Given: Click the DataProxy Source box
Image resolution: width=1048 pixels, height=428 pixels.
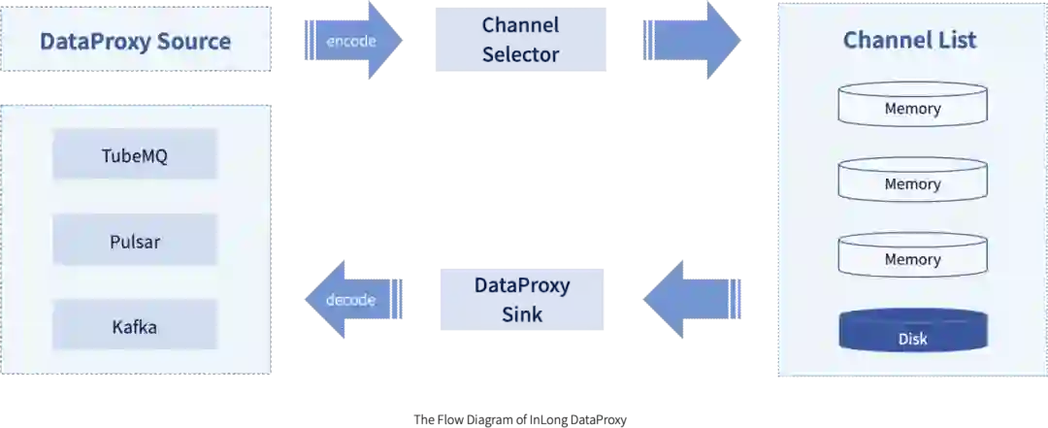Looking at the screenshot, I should pyautogui.click(x=135, y=41).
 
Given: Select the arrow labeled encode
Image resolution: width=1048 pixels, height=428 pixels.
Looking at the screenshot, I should pyautogui.click(x=353, y=41).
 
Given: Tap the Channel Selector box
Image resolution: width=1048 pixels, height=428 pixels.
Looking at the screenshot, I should pyautogui.click(x=521, y=41).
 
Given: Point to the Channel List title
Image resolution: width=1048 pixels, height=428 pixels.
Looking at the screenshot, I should pyautogui.click(x=909, y=40).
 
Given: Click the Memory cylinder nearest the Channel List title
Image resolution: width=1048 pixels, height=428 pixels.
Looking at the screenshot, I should pyautogui.click(x=912, y=105).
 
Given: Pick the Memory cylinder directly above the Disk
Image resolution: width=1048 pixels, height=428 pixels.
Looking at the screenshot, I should pyautogui.click(x=912, y=256).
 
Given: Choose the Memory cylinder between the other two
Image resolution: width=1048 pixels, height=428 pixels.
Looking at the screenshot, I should pyautogui.click(x=912, y=181).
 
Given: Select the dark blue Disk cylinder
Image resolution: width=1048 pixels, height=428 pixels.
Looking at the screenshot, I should pyautogui.click(x=912, y=333).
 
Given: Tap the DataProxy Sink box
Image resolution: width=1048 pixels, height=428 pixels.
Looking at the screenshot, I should pyautogui.click(x=522, y=300).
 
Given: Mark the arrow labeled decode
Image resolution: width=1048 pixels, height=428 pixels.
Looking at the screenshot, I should pyautogui.click(x=351, y=299).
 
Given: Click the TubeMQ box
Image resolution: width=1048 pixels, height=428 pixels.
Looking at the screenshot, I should pyautogui.click(x=135, y=155).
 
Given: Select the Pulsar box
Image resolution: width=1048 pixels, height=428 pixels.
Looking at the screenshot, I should pyautogui.click(x=135, y=241).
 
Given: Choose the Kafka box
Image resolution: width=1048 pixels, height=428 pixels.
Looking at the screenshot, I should pyautogui.click(x=135, y=326).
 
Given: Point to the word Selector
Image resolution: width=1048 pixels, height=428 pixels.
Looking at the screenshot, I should pyautogui.click(x=521, y=55).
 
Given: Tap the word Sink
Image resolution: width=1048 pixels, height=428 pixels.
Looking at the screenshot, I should pyautogui.click(x=522, y=314).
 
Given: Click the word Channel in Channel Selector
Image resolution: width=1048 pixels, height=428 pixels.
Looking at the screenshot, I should pyautogui.click(x=521, y=26).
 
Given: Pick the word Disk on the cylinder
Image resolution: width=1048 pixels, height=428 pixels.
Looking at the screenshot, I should pyautogui.click(x=912, y=339).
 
